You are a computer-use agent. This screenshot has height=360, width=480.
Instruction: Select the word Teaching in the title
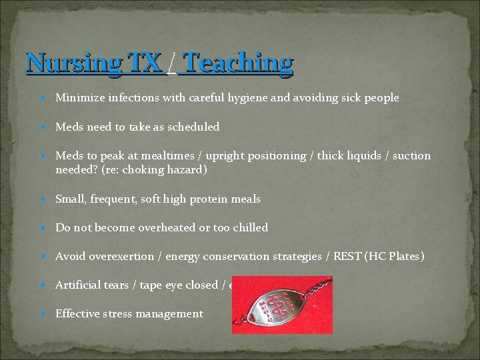click(x=237, y=63)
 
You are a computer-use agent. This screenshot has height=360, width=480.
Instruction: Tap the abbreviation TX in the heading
click(x=145, y=63)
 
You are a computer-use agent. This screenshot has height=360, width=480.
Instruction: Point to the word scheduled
click(x=193, y=127)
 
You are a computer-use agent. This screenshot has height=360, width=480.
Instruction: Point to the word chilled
click(x=249, y=228)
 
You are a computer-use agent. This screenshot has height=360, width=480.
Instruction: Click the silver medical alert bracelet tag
click(x=270, y=306)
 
